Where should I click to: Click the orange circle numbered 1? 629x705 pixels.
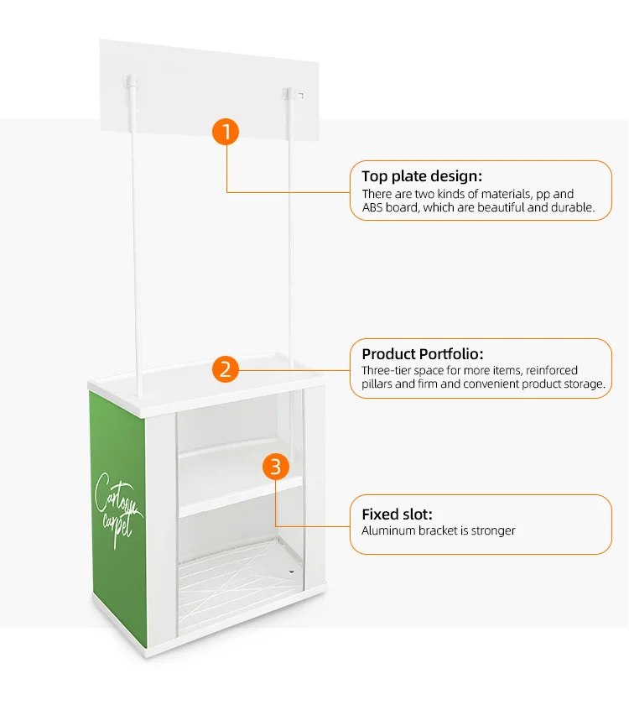click(x=226, y=132)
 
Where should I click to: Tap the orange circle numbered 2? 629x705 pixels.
click(x=226, y=368)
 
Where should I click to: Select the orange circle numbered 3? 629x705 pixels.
click(x=277, y=467)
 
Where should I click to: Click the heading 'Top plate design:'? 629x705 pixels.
click(x=422, y=176)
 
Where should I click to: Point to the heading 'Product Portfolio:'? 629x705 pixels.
click(x=423, y=354)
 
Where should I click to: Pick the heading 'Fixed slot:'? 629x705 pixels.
click(x=397, y=514)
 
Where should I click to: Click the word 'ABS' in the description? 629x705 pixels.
click(x=374, y=207)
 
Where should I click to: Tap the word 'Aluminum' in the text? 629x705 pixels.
click(x=389, y=530)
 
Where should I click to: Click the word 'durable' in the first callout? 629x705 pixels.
click(x=571, y=207)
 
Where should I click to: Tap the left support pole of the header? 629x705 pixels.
click(x=134, y=252)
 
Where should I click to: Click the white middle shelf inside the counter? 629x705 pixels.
click(x=239, y=495)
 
